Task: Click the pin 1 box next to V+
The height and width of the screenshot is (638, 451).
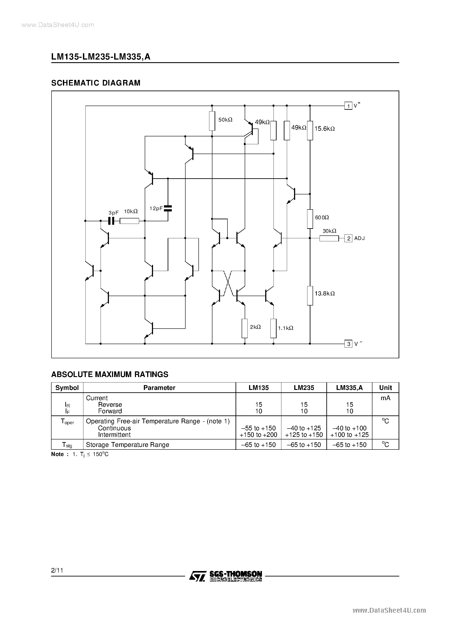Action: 348,106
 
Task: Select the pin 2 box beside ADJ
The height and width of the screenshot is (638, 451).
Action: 348,238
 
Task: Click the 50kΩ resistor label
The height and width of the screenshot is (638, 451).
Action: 225,120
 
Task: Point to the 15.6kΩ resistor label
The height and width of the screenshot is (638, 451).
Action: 324,129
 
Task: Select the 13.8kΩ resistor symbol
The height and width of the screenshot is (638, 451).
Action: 310,296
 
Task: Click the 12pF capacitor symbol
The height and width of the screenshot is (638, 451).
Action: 168,208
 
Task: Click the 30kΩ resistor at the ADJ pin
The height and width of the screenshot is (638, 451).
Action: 329,238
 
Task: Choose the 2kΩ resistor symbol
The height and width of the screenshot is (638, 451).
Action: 245,328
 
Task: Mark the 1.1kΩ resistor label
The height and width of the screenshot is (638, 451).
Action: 286,328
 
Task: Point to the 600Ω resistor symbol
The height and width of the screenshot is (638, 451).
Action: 310,219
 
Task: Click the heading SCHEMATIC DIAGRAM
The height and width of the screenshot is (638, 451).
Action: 96,83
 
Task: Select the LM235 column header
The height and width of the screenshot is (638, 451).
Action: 304,388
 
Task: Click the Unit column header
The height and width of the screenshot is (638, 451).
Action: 385,388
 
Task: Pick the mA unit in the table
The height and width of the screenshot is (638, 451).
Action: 385,398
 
